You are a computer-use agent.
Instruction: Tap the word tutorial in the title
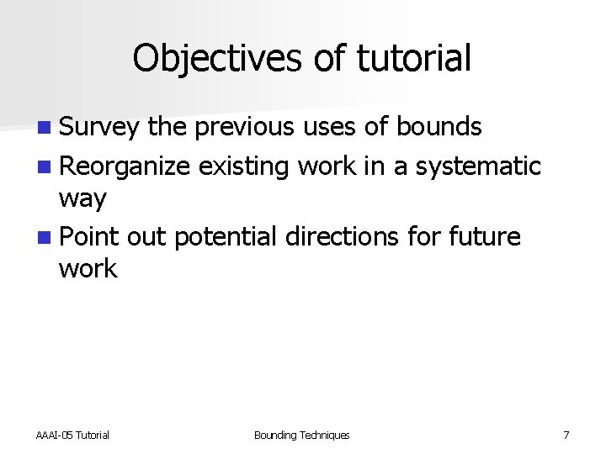[413, 59]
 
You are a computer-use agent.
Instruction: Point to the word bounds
[439, 128]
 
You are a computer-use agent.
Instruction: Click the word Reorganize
[125, 166]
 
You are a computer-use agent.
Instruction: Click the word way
[82, 200]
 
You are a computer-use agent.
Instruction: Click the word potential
[225, 236]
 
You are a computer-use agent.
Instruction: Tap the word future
[486, 236]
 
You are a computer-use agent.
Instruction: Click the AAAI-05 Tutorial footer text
[72, 435]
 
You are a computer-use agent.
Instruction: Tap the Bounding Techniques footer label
[301, 435]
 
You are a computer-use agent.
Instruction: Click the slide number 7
[566, 435]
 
